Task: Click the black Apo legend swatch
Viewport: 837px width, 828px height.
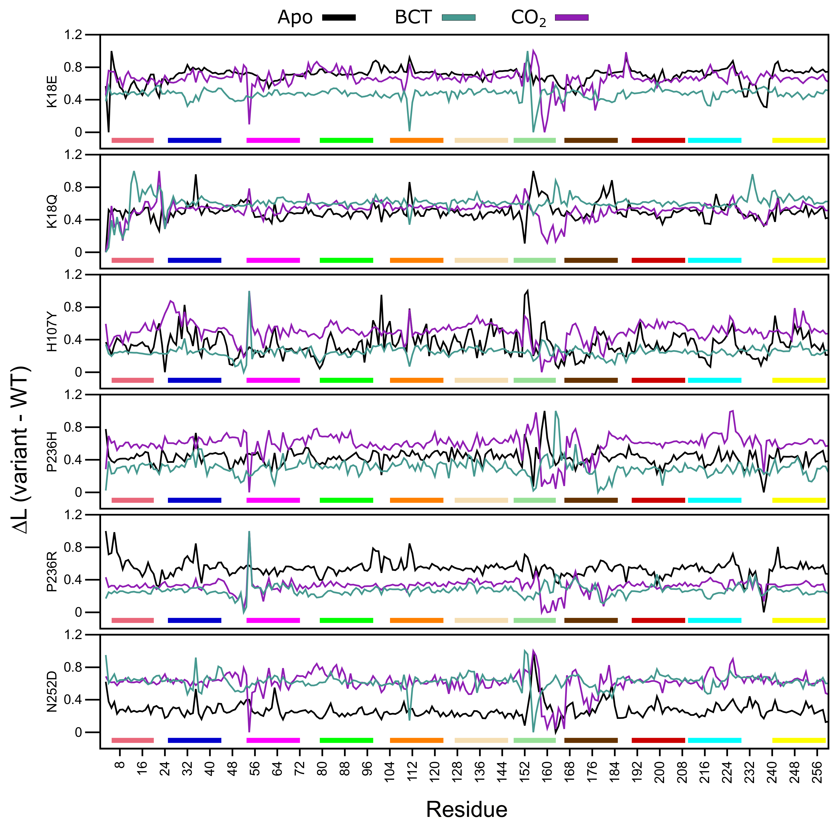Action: coord(339,18)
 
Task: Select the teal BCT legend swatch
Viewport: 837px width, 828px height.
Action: coord(458,18)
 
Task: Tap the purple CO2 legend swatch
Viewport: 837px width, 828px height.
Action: coord(571,18)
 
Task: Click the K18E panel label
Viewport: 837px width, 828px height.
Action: coord(52,91)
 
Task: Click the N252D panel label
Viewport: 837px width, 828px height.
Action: coord(52,691)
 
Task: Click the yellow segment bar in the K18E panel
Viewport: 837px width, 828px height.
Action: coord(799,140)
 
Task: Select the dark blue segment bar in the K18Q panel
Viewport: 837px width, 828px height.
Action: coord(194,260)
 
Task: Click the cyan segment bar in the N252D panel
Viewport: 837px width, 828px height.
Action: coord(714,740)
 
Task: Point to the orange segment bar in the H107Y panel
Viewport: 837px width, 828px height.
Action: coord(416,380)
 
